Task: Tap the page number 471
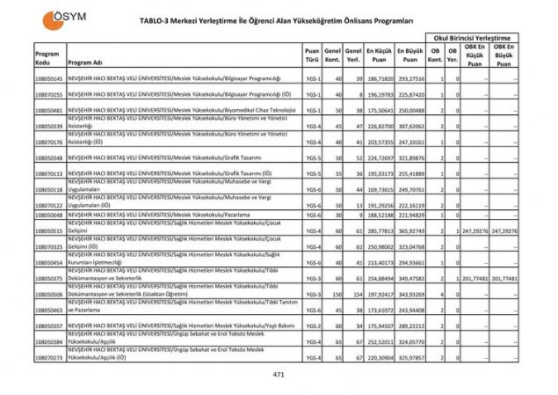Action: click(279, 375)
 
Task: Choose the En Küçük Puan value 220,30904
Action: click(379, 357)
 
